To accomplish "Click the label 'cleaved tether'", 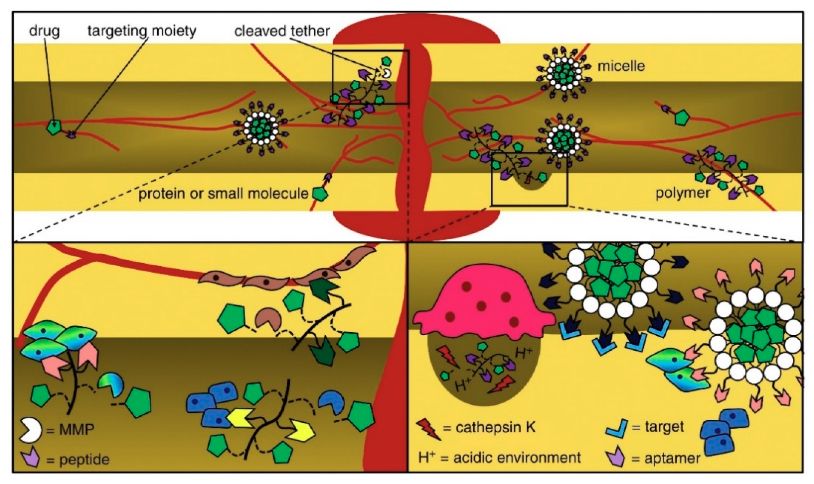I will [282, 31].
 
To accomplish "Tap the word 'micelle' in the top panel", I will [621, 66].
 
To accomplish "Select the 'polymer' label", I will [683, 193].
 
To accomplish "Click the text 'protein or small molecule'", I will [224, 194].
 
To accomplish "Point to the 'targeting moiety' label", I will [142, 31].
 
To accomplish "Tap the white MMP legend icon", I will [31, 430].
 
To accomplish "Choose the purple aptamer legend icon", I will [615, 458].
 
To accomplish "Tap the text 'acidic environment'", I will [517, 458].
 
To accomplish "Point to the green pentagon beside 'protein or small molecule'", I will [320, 194].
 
